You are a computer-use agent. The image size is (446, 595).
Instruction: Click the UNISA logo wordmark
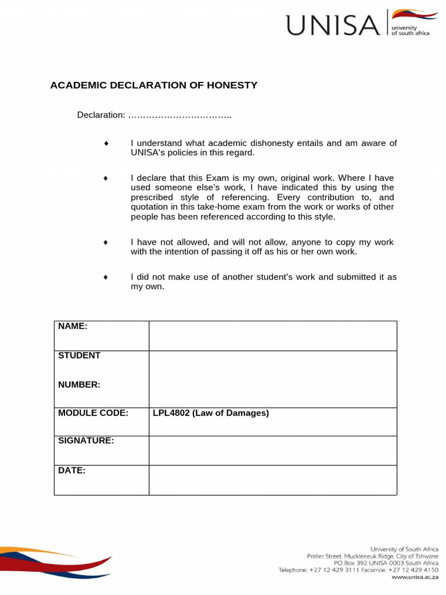click(x=332, y=26)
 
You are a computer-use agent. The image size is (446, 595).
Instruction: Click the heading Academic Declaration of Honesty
click(x=153, y=85)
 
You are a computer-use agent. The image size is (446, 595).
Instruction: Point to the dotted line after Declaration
click(x=179, y=116)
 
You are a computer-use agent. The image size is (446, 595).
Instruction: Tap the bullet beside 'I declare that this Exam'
click(x=106, y=178)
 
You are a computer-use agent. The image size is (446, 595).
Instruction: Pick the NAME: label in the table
click(x=73, y=327)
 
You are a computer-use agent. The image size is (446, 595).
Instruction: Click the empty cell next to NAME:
click(x=272, y=335)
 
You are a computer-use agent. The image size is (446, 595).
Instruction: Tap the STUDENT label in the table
click(x=79, y=356)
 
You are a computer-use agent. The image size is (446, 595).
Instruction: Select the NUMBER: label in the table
click(x=79, y=385)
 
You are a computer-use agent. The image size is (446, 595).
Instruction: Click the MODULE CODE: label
click(x=93, y=413)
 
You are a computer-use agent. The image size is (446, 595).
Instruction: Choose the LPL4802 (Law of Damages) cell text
click(x=211, y=413)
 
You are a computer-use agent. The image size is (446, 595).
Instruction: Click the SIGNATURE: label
click(x=86, y=441)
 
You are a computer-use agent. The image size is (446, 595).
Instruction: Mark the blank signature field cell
click(x=272, y=450)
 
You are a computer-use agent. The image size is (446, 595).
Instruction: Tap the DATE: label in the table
click(x=72, y=471)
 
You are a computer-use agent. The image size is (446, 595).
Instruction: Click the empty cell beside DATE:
click(x=272, y=480)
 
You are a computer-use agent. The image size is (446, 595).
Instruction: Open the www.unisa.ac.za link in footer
click(x=415, y=578)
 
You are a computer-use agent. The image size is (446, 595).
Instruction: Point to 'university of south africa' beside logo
click(x=411, y=30)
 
